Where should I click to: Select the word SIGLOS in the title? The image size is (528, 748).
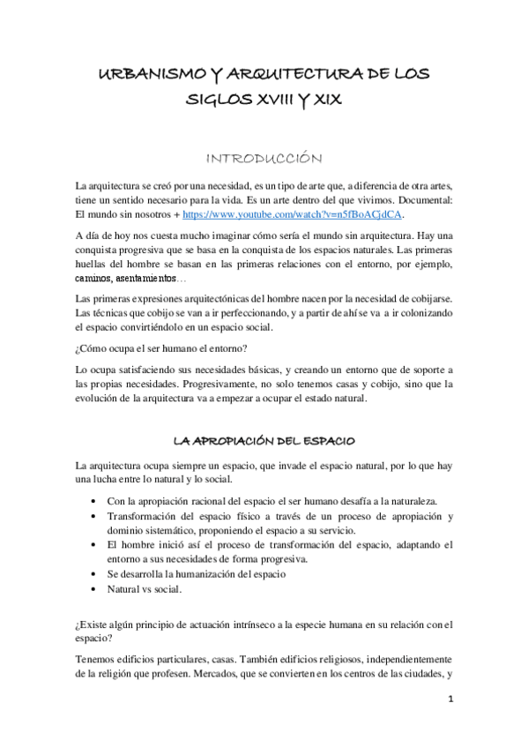[215, 102]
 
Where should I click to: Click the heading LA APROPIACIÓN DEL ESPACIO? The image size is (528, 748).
[264, 440]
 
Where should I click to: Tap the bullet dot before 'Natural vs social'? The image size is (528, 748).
[94, 587]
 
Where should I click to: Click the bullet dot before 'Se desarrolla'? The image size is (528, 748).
[94, 573]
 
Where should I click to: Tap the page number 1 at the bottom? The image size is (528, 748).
[450, 703]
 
